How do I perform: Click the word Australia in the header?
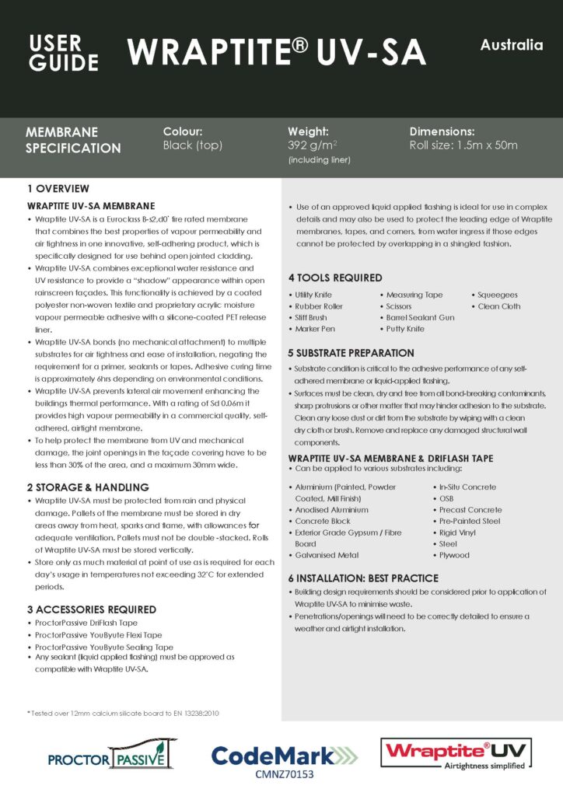tap(511, 45)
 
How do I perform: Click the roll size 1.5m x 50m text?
tap(463, 145)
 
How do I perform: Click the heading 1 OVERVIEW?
tap(58, 189)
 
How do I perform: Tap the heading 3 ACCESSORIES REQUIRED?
tap(92, 609)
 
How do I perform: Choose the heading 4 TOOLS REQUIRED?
tap(335, 278)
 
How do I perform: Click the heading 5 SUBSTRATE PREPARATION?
tap(351, 353)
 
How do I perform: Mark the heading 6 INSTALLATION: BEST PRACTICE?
tap(363, 578)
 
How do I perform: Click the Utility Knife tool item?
tap(313, 295)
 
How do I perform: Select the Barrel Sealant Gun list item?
tap(421, 318)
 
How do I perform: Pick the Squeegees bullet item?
tap(498, 295)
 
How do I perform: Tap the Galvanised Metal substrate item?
tap(327, 556)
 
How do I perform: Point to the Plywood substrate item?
tap(454, 556)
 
